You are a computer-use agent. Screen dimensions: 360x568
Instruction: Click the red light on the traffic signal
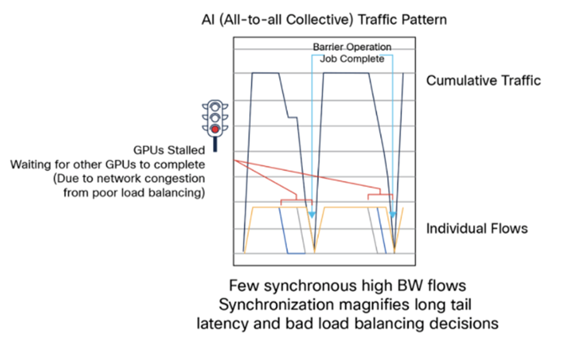[x=215, y=129]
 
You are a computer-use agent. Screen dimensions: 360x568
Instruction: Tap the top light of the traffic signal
[x=215, y=107]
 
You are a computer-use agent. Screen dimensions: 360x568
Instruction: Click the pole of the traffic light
[x=215, y=145]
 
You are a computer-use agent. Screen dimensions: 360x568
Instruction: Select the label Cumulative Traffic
[x=483, y=80]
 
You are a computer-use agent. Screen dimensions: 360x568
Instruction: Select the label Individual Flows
[x=477, y=228]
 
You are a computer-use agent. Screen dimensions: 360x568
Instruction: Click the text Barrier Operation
[x=353, y=47]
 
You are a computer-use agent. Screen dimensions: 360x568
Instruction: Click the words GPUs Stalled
[x=169, y=150]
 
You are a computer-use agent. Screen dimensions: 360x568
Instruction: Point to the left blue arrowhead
[x=312, y=215]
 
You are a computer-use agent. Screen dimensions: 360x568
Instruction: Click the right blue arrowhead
[x=393, y=215]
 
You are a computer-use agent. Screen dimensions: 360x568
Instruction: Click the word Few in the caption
[x=242, y=286]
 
